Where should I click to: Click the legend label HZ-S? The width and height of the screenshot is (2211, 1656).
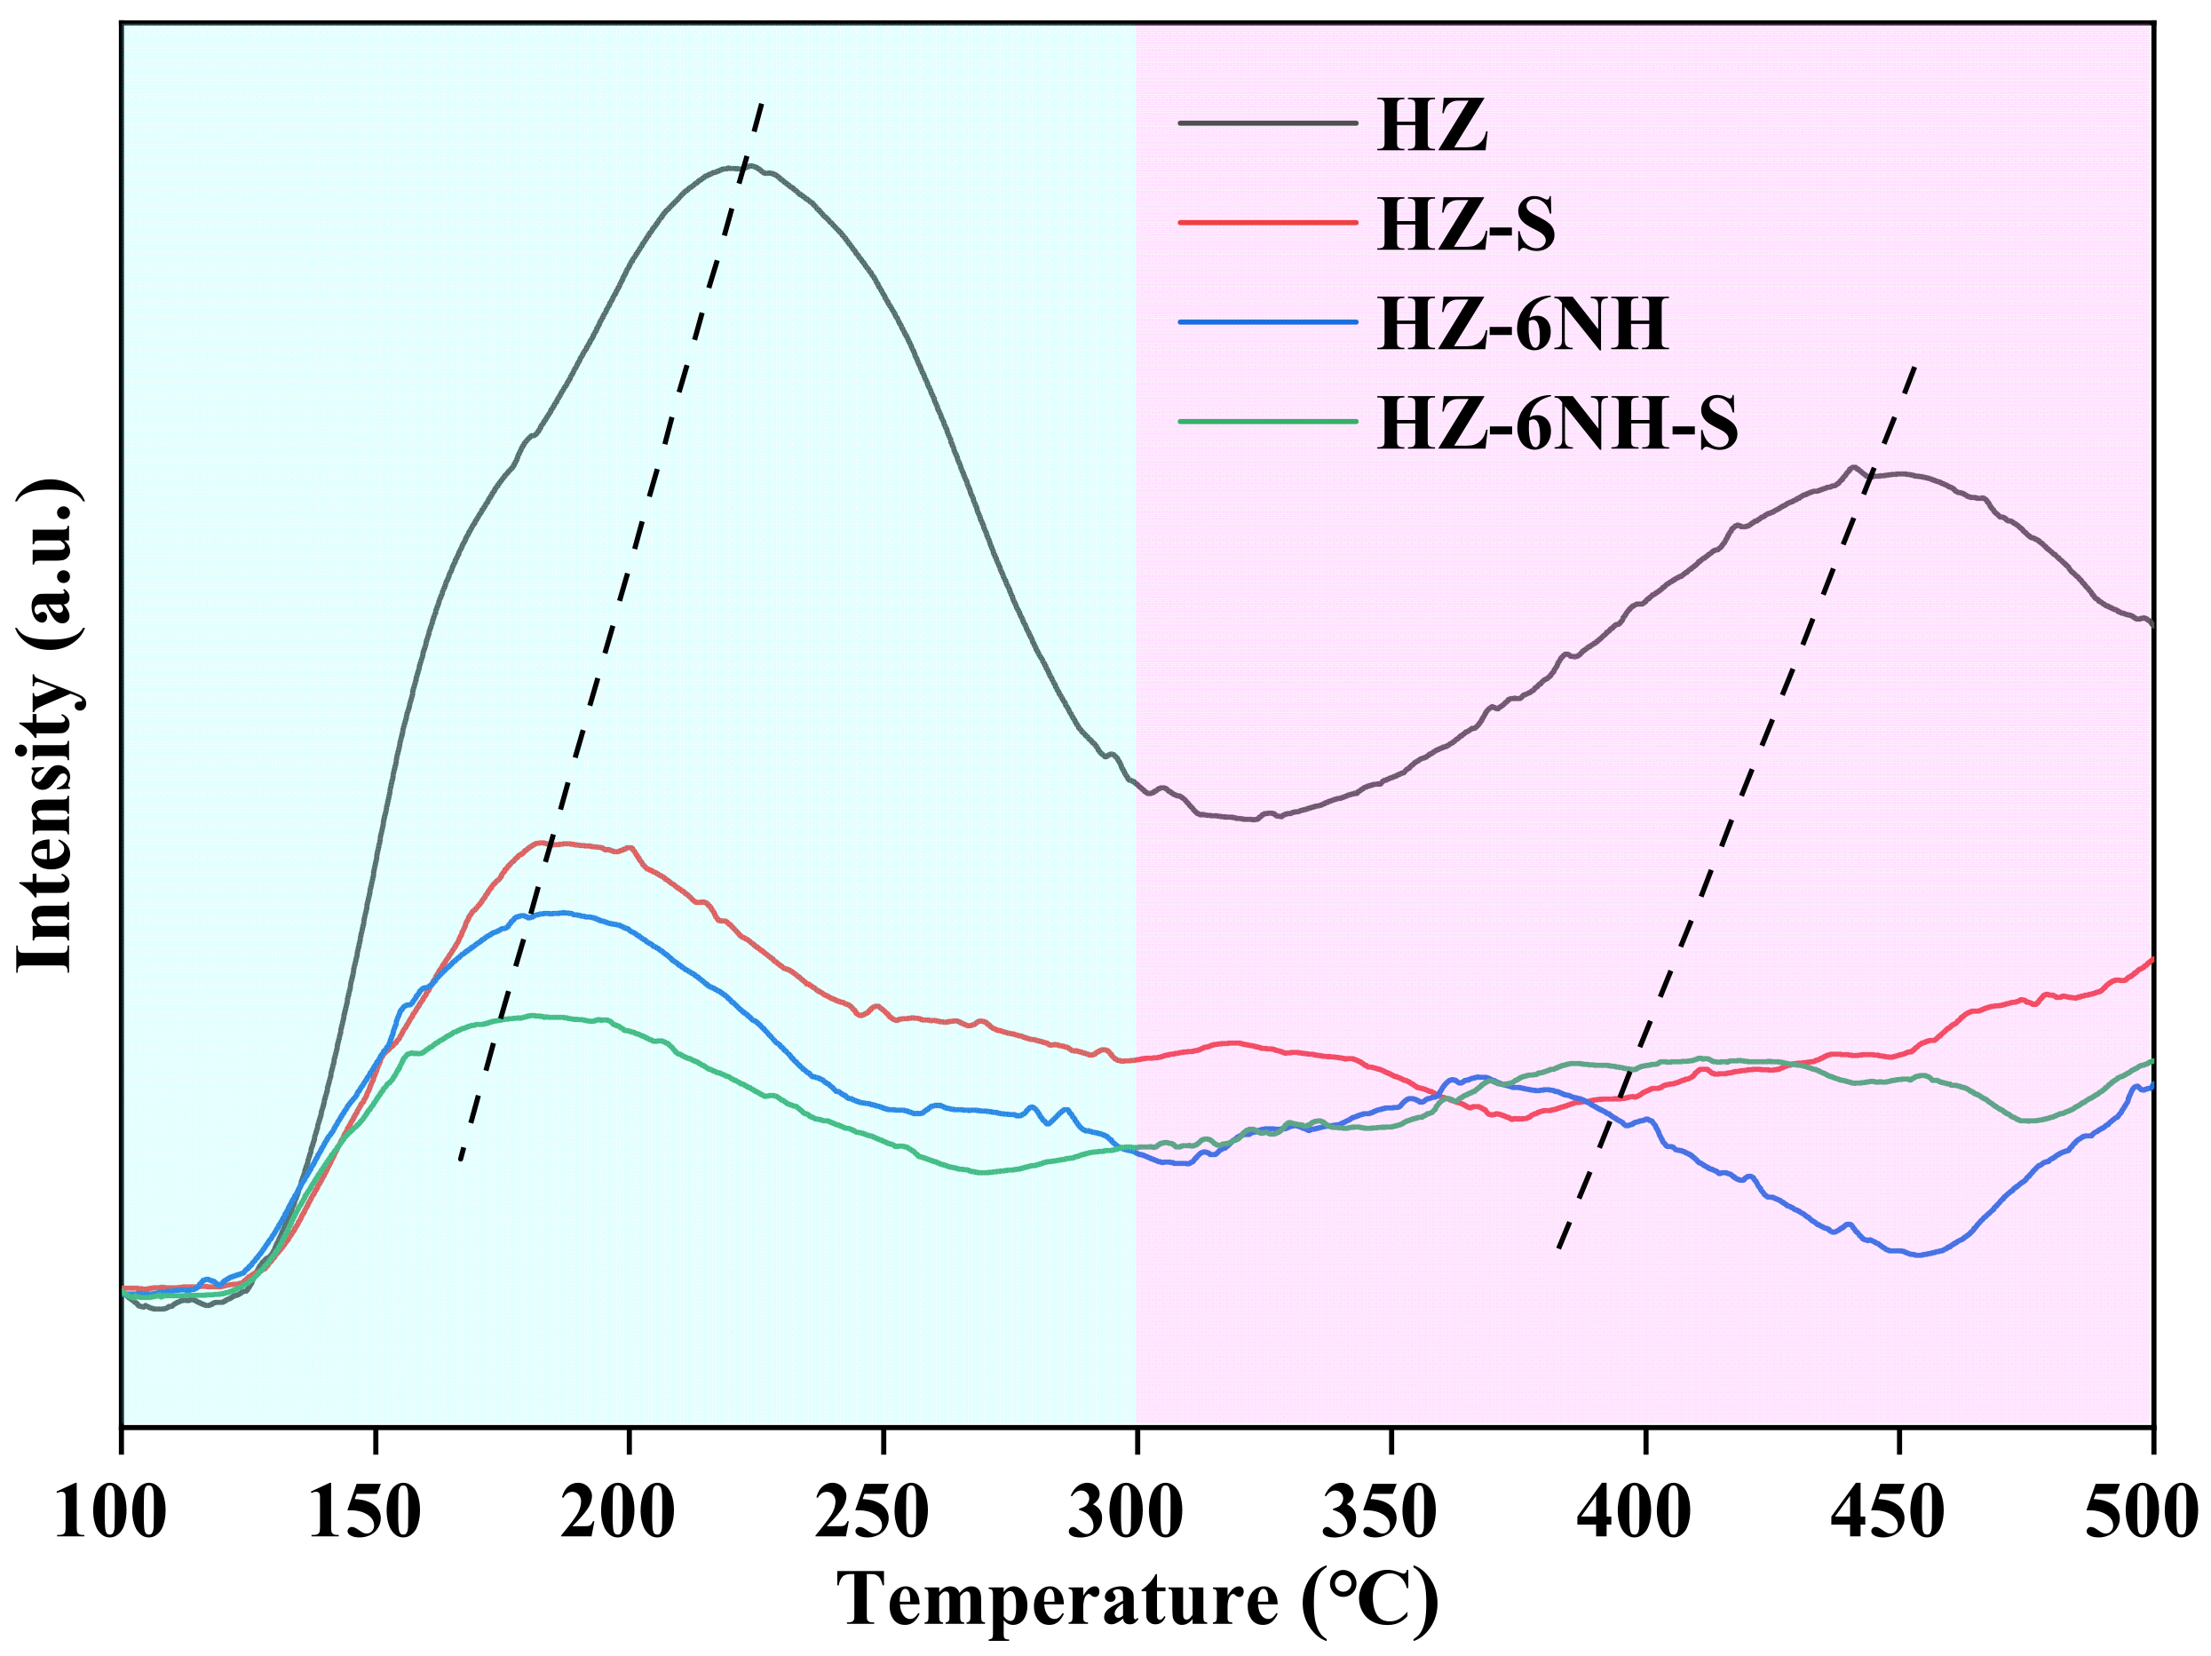(1465, 224)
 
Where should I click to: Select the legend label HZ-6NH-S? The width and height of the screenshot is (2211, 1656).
(1557, 423)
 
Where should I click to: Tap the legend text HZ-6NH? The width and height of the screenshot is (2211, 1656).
(1521, 324)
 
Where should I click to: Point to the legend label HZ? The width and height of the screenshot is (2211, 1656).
(1431, 125)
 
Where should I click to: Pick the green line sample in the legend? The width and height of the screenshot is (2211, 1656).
(1267, 422)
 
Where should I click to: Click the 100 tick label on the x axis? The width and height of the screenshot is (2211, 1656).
(110, 1511)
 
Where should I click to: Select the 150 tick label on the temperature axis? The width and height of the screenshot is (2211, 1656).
(365, 1511)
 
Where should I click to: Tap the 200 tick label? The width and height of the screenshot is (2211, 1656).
(618, 1511)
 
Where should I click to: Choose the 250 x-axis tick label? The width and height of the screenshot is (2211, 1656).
(872, 1511)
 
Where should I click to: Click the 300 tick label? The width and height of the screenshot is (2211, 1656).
(1126, 1511)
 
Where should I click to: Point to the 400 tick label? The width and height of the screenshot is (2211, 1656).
(1633, 1511)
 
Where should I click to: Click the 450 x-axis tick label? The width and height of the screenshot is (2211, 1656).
(1887, 1511)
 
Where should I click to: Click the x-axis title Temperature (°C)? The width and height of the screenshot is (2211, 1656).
(1137, 1600)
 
